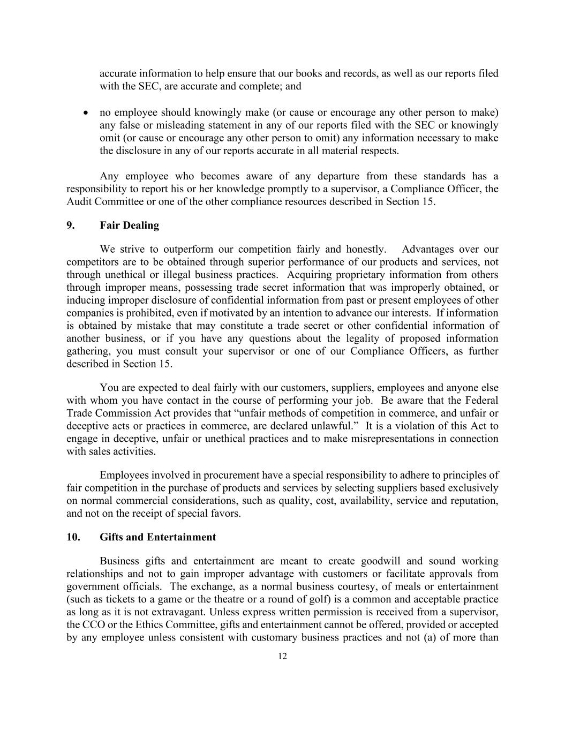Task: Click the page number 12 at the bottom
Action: tap(283, 657)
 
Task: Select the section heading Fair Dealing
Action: tap(129, 225)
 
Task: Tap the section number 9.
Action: tap(70, 225)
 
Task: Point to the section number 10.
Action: tap(73, 537)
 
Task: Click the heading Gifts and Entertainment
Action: tap(157, 537)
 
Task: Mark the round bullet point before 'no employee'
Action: tap(86, 113)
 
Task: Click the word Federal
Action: tap(480, 401)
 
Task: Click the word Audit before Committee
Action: tap(79, 202)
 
